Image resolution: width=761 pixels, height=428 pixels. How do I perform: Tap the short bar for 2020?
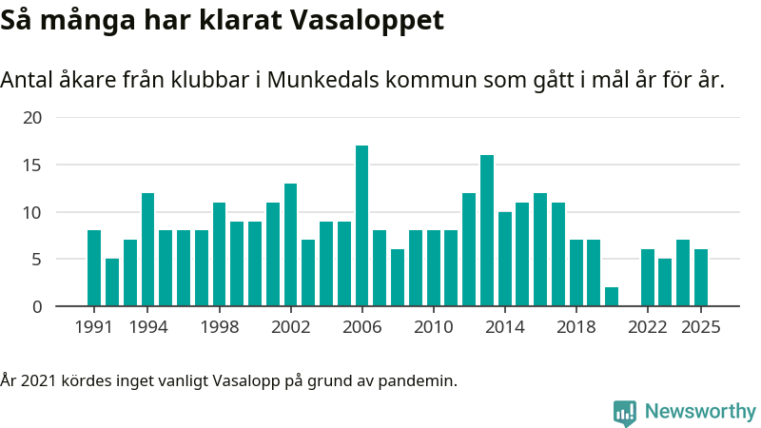coord(612,297)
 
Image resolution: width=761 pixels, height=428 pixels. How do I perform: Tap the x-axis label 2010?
coord(433,327)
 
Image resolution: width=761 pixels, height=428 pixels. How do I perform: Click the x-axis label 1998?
coord(219,327)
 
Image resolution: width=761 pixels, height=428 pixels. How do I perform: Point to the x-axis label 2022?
coord(647,327)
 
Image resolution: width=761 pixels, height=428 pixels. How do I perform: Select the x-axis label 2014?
coord(504,327)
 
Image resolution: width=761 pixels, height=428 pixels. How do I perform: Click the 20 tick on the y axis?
coord(33,118)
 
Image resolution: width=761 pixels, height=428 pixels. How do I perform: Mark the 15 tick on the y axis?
coord(33,165)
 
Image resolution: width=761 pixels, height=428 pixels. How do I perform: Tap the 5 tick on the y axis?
coord(37,259)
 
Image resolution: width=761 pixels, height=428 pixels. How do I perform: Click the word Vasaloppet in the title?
coord(369,21)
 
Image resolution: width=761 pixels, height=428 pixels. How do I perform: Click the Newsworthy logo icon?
coord(625,412)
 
